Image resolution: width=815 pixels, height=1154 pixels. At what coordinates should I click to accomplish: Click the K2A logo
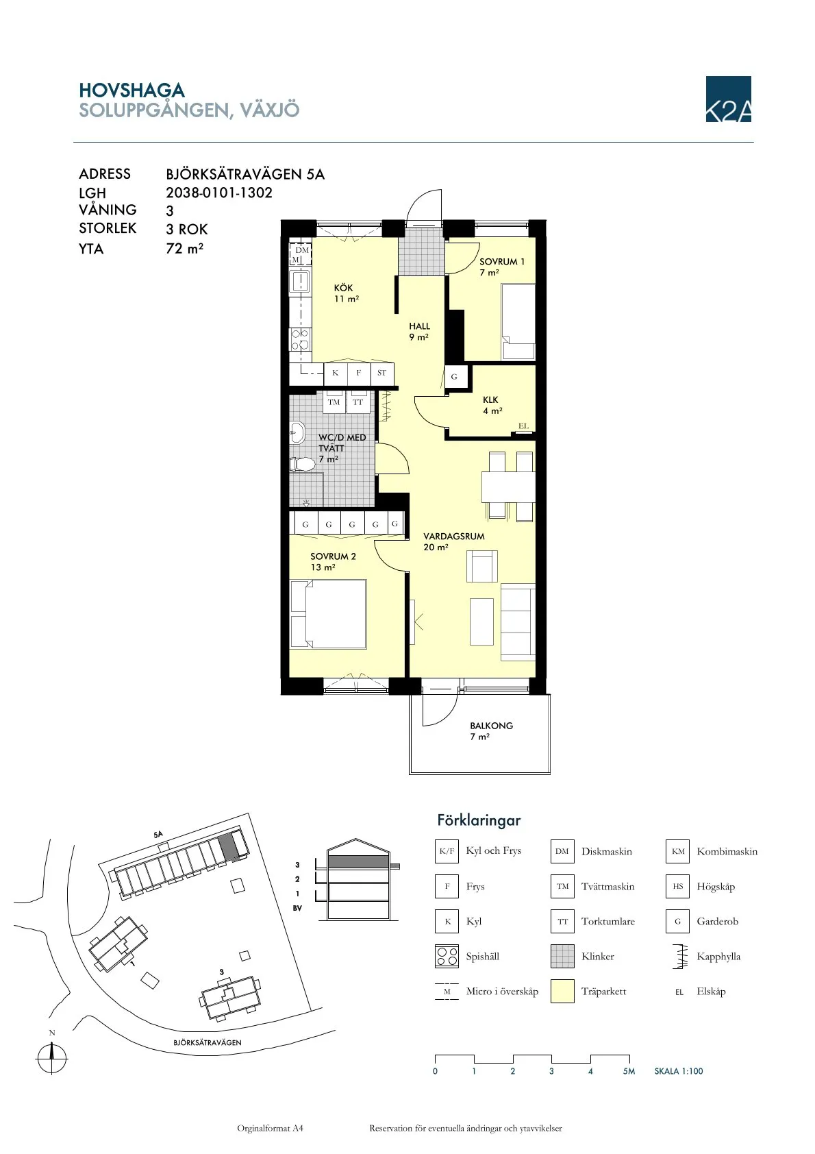click(x=728, y=99)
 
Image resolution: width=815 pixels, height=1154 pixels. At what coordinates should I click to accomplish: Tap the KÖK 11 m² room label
click(x=344, y=293)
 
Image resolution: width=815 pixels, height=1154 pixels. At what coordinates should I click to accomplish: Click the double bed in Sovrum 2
click(x=329, y=613)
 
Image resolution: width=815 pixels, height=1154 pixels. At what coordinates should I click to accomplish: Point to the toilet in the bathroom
click(x=301, y=464)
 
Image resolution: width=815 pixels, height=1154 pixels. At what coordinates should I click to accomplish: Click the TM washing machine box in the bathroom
click(x=334, y=402)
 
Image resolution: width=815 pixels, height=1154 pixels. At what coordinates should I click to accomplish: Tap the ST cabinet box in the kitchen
click(x=381, y=373)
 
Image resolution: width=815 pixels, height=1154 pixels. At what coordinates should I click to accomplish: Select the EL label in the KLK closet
click(x=524, y=426)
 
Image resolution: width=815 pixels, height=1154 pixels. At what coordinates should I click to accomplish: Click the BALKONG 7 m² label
click(x=490, y=731)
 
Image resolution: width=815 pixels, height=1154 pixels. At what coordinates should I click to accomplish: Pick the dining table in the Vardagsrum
click(x=507, y=487)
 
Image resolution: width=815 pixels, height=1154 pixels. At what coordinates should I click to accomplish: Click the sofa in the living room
click(x=518, y=622)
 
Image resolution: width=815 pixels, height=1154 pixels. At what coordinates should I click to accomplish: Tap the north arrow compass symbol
click(x=52, y=1057)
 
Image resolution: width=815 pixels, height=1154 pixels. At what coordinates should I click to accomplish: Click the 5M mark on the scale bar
click(x=629, y=1071)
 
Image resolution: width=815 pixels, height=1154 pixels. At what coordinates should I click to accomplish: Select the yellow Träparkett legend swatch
click(x=562, y=992)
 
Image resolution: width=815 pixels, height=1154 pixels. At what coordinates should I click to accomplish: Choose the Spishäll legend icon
click(x=447, y=957)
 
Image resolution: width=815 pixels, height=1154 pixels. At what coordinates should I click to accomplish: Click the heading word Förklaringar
click(x=479, y=820)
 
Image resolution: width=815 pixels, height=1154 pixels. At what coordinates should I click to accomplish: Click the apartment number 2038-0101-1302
click(x=219, y=193)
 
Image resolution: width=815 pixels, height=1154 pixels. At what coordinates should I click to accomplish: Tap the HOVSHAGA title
click(x=131, y=90)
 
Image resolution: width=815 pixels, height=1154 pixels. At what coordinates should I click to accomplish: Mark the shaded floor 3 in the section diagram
click(x=358, y=861)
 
